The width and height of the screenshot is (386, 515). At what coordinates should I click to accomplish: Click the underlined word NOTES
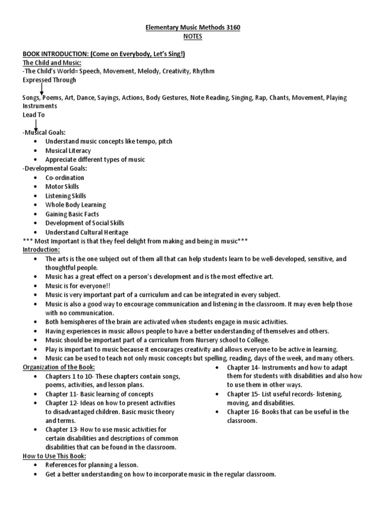click(x=192, y=37)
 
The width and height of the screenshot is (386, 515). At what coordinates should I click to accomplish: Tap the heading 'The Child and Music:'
click(x=51, y=62)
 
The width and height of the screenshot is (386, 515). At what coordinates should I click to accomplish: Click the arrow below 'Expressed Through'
click(x=41, y=89)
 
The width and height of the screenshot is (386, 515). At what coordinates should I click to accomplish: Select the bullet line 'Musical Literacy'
click(x=68, y=150)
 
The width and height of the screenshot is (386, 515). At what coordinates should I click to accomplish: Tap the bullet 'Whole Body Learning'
click(x=75, y=205)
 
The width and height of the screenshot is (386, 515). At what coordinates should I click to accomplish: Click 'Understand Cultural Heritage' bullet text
click(x=86, y=232)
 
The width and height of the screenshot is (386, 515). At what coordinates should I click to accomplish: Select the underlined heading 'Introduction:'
click(x=41, y=249)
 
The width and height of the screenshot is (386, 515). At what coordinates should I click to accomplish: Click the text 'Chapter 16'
click(x=244, y=412)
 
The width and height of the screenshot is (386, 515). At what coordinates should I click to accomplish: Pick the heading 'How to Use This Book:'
click(x=54, y=456)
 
